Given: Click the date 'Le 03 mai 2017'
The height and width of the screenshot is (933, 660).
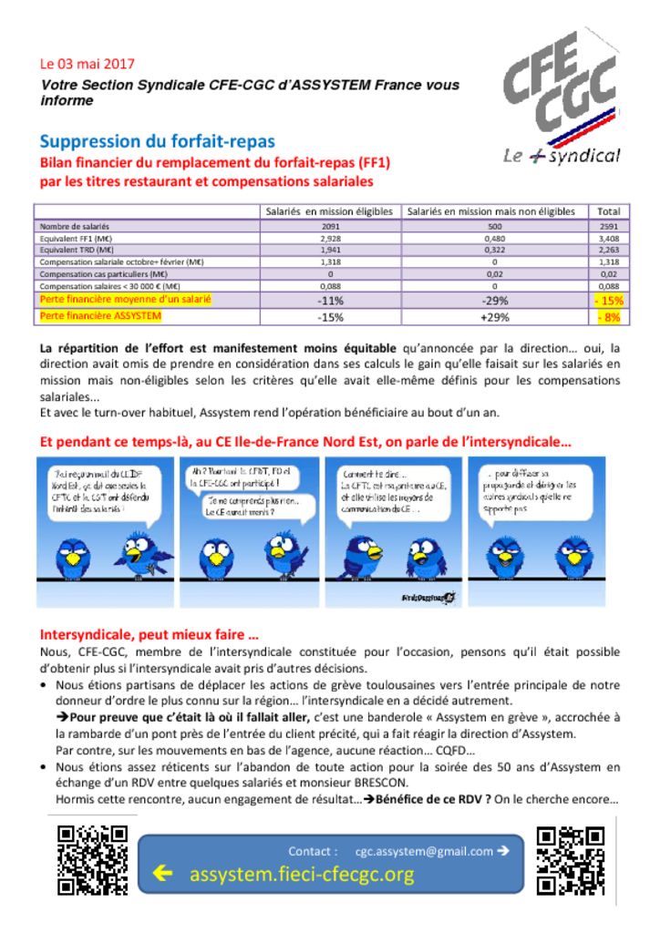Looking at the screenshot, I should click(x=87, y=64).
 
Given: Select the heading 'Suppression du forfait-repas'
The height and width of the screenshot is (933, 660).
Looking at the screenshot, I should click(x=157, y=141).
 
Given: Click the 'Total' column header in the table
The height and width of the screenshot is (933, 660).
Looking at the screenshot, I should click(x=608, y=211).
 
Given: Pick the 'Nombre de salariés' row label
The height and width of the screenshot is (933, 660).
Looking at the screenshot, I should click(x=75, y=225).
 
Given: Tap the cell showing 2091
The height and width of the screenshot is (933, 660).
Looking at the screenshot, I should click(x=330, y=225).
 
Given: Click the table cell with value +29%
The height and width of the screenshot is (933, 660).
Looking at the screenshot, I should click(x=493, y=317).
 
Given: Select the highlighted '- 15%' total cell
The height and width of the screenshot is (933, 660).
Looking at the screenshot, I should click(x=608, y=300).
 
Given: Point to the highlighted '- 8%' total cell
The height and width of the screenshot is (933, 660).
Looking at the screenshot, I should click(x=608, y=317).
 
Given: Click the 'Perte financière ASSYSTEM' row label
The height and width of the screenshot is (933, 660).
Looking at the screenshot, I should click(x=101, y=316).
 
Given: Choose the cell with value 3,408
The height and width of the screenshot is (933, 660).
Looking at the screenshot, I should click(x=608, y=237).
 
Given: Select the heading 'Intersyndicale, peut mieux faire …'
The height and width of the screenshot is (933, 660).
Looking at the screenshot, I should click(x=149, y=635).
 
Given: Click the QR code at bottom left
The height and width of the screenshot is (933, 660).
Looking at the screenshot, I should click(x=92, y=859).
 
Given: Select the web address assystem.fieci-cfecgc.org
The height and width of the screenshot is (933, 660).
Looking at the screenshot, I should click(x=302, y=875).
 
